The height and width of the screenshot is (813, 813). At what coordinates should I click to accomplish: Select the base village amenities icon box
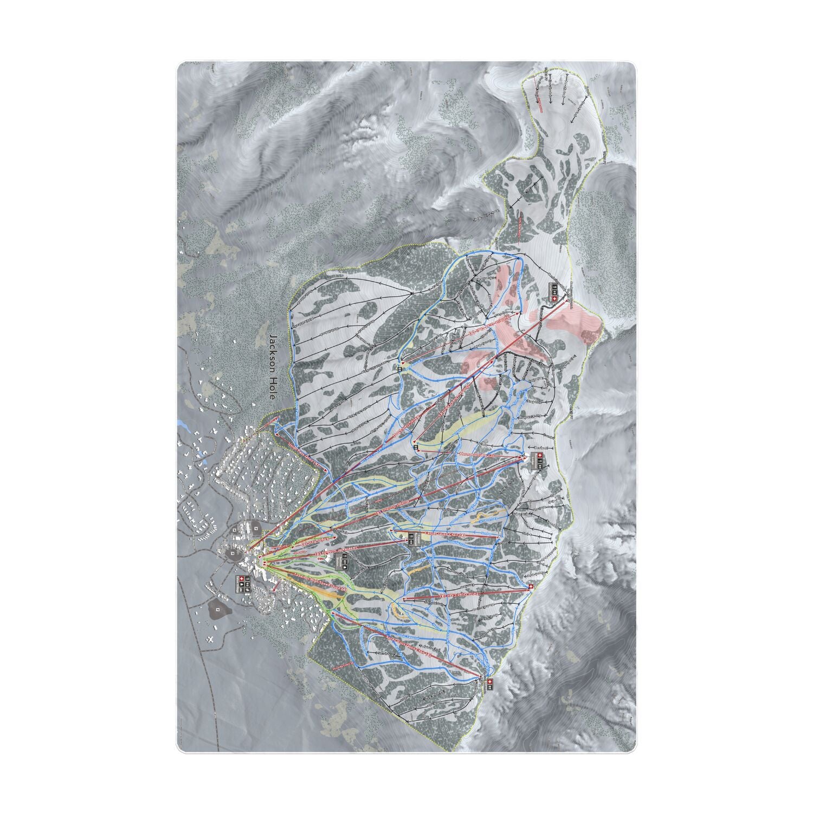[x=243, y=583]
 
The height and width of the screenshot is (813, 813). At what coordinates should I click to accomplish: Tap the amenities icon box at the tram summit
[x=552, y=293]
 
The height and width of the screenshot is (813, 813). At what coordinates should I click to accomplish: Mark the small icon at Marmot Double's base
[x=416, y=449]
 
